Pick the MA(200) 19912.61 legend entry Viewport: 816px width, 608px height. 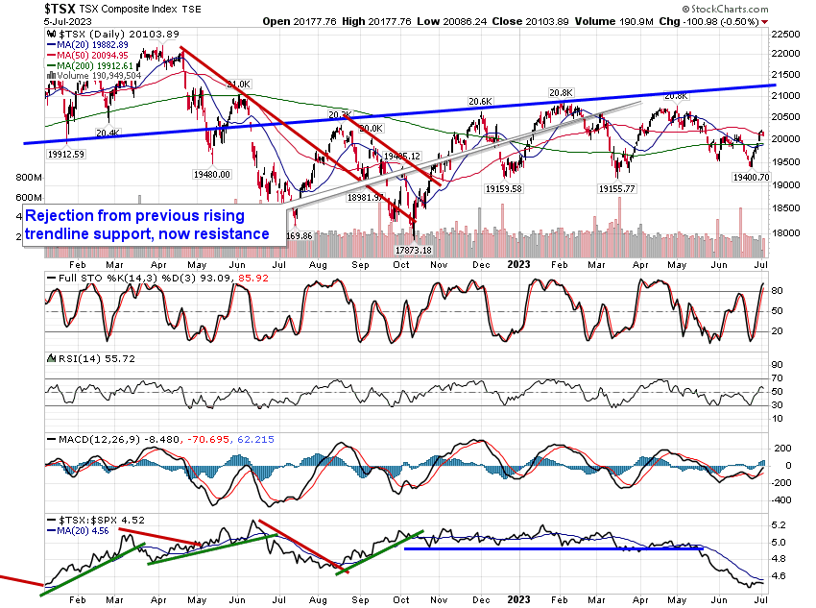tap(94, 64)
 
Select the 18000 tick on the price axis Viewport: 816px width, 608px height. tap(787, 232)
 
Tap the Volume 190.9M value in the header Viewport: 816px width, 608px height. tap(601, 19)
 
